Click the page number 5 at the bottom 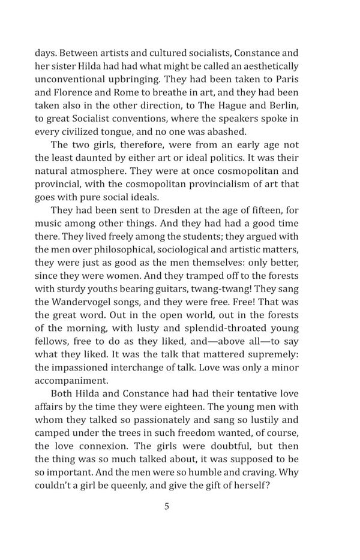(x=167, y=507)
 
